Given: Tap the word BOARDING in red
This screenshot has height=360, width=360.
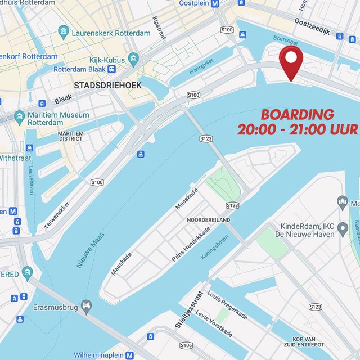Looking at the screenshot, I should pos(297,115).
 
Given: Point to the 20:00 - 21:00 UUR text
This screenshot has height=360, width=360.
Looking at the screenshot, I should pos(297,129).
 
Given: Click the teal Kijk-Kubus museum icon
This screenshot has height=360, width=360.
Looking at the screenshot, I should pos(133,57).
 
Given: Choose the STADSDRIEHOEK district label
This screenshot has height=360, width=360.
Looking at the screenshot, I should pos(107,85).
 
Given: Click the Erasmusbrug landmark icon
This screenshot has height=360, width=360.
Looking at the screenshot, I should pos(86,305).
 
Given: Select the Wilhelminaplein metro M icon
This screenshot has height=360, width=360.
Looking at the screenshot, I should pos(130,355).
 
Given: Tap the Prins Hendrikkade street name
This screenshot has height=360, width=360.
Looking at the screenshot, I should pos(191,244).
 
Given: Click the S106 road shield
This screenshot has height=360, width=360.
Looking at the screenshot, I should pos(187,345).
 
